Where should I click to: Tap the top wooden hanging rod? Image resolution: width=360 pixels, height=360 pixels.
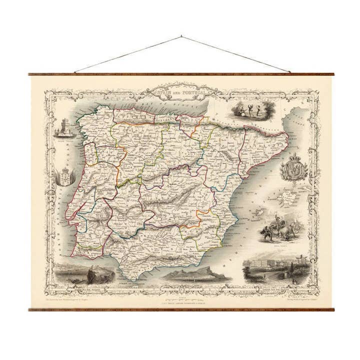[x=180, y=74]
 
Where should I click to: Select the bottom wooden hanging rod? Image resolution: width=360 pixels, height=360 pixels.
[x=180, y=309]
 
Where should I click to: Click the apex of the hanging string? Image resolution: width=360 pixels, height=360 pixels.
[x=180, y=36]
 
